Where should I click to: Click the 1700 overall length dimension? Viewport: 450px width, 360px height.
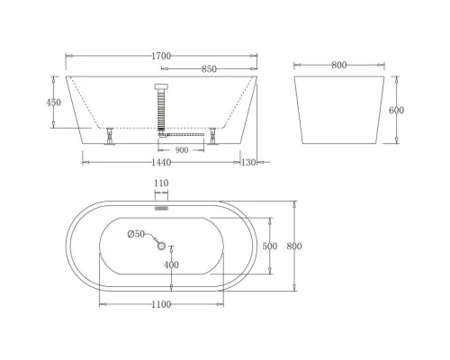(163, 56)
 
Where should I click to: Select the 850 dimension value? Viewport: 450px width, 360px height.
(209, 68)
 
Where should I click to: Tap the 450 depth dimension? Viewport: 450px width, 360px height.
(55, 103)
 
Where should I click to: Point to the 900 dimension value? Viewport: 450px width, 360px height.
(181, 150)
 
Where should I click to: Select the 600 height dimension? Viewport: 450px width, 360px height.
(397, 110)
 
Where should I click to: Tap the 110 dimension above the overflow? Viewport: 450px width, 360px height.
(162, 184)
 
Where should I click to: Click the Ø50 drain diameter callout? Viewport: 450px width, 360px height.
(134, 235)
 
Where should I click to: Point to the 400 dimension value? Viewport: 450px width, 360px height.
(171, 265)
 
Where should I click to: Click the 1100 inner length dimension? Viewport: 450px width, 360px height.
(160, 304)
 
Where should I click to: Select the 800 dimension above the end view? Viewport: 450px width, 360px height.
(339, 65)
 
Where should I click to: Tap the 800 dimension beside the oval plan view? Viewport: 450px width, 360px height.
(293, 246)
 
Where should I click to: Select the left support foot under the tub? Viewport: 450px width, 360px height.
(110, 136)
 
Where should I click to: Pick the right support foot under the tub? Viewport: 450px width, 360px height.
(214, 136)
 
